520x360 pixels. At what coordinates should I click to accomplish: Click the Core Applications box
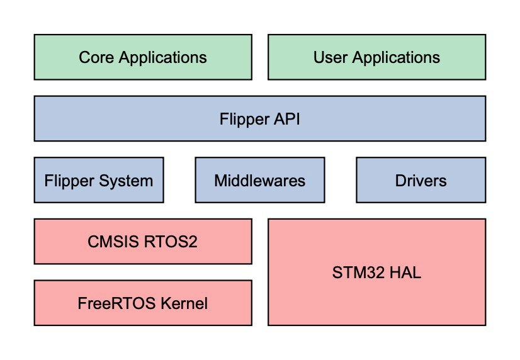[x=143, y=57]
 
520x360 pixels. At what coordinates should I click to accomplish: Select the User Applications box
[x=376, y=57]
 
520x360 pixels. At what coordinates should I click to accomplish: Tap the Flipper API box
[x=259, y=118]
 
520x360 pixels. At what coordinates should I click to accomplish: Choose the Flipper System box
[x=99, y=181]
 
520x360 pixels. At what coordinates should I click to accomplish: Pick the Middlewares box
[x=259, y=181]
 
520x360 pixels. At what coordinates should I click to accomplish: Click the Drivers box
[x=421, y=181]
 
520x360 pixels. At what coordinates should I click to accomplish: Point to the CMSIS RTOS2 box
[x=143, y=241]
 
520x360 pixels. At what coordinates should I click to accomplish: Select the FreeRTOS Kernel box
[x=143, y=303]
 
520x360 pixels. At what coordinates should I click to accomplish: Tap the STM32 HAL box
[x=376, y=273]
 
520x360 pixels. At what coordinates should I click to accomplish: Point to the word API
[x=286, y=118]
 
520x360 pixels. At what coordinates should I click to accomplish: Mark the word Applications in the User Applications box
[x=396, y=57]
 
